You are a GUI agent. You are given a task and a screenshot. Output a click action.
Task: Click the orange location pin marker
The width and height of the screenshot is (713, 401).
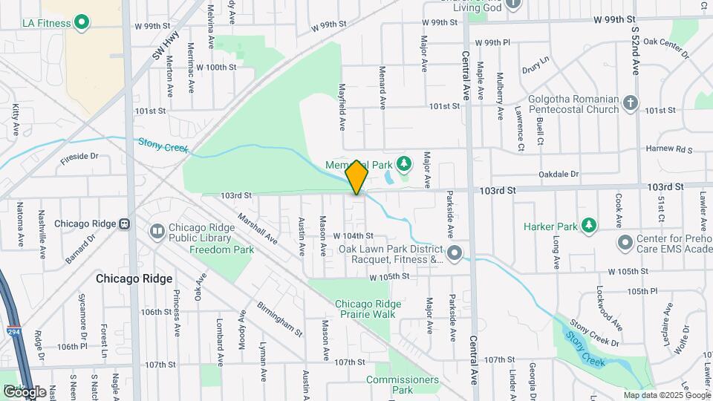[x=357, y=177]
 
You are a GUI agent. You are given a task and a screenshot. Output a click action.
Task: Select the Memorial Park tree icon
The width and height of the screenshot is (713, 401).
[x=404, y=163]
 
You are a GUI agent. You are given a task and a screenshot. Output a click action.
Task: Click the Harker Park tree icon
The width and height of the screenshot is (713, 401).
[x=588, y=225]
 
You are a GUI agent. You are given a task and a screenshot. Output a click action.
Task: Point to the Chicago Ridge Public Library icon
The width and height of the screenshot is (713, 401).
[x=157, y=231]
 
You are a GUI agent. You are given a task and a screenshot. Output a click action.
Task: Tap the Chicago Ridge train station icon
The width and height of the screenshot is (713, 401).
[x=125, y=224]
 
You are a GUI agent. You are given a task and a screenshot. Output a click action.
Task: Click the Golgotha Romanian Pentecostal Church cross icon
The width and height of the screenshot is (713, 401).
[x=631, y=102]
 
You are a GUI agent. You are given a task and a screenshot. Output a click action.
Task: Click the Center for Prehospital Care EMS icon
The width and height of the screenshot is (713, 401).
[x=625, y=242]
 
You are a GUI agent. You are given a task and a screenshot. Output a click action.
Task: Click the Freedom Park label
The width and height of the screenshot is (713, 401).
[x=221, y=250]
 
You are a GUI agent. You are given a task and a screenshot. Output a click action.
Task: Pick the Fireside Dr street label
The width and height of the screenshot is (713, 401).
[x=79, y=157]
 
